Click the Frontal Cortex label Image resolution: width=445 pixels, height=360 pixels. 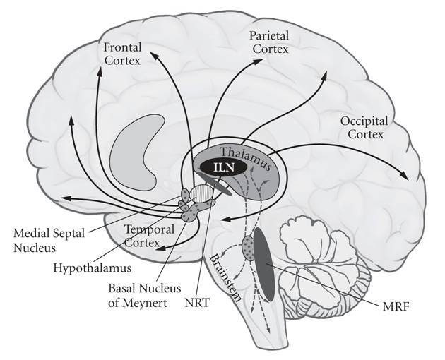point(122,54)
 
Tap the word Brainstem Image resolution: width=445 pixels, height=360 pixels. point(227,277)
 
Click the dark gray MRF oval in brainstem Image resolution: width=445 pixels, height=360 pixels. point(265,261)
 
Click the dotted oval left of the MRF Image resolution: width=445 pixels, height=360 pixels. point(249,247)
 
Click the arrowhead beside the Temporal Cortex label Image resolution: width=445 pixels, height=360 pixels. point(161,247)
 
